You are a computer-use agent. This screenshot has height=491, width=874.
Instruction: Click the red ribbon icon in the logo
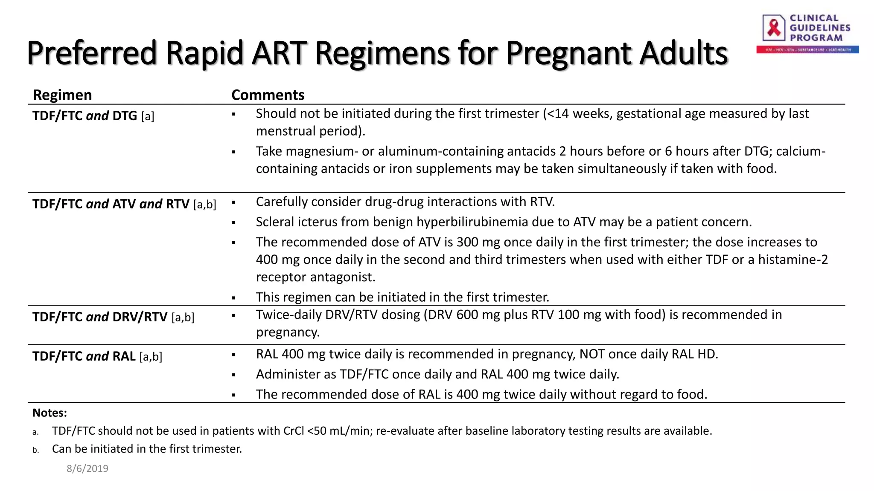(774, 28)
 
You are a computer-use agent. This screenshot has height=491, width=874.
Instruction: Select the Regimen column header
(62, 95)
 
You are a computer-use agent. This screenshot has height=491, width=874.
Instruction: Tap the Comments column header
(268, 95)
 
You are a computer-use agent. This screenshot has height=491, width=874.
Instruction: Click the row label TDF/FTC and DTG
(84, 116)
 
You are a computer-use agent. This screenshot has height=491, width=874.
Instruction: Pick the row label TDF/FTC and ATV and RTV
(111, 204)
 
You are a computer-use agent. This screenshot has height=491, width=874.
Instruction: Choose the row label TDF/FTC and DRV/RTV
(100, 317)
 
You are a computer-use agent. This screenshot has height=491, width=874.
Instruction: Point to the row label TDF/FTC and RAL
(84, 356)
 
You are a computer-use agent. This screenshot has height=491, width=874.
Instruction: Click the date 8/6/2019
(87, 468)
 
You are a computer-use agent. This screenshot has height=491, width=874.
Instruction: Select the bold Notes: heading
(50, 413)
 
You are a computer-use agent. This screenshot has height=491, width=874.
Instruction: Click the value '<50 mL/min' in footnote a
(340, 430)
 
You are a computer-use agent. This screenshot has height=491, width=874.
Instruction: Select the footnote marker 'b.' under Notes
(35, 450)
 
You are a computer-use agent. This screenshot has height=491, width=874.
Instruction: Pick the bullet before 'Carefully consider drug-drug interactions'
(234, 202)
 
